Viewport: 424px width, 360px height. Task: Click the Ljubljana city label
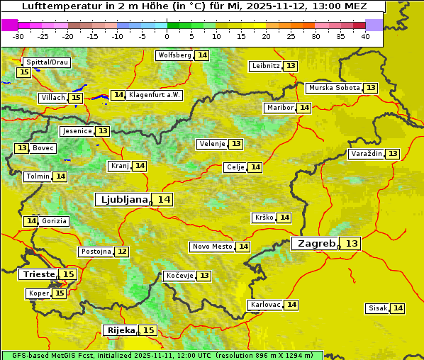coord(122,200)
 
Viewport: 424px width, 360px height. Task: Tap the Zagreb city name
coord(315,243)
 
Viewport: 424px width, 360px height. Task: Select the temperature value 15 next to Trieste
coord(68,274)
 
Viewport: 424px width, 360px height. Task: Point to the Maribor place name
coord(279,108)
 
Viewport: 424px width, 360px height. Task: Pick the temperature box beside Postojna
coord(122,252)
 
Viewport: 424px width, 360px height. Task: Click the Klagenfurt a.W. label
coord(155,95)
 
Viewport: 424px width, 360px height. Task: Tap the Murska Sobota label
coord(334,88)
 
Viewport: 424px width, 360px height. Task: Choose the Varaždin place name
coord(366,154)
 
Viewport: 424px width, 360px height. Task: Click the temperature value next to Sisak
coord(398,308)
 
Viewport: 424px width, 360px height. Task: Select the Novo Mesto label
coord(212,247)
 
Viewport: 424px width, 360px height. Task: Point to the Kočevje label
coord(179,276)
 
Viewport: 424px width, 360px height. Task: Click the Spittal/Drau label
coord(47,62)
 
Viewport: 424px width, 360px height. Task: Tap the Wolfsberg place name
coord(174,55)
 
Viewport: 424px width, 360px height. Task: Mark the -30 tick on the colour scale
coord(18,36)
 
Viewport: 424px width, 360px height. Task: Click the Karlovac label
coord(266,305)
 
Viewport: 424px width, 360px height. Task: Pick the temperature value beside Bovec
coord(22,148)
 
